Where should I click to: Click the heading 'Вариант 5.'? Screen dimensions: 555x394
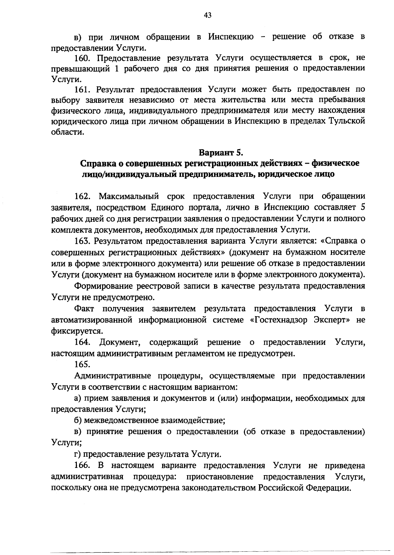pyautogui.click(x=220, y=152)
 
